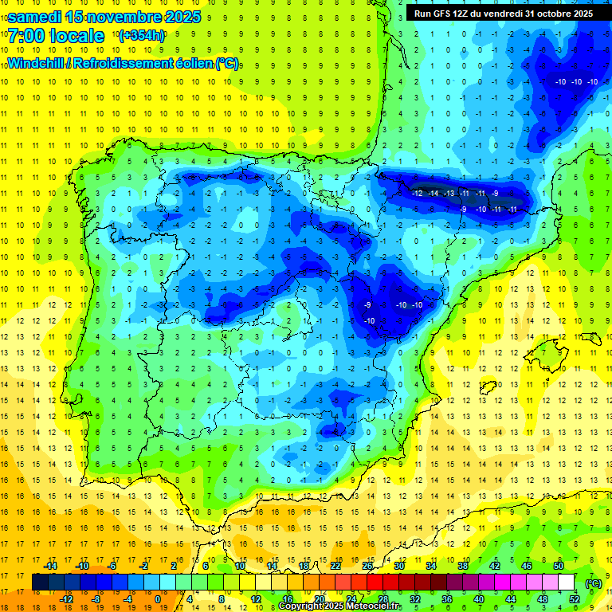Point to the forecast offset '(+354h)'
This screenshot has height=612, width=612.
click(142, 36)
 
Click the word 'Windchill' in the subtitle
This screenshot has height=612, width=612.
click(36, 64)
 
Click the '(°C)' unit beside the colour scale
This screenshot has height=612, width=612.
click(593, 583)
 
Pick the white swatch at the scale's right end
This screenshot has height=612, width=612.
click(567, 583)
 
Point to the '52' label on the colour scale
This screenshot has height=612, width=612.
click(575, 599)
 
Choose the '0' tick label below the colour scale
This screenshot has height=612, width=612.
click(157, 599)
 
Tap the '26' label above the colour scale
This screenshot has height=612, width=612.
click(367, 566)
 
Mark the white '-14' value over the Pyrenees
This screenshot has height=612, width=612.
click(433, 194)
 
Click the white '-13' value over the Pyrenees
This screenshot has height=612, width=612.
click(449, 194)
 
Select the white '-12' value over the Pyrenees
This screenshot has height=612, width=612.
click(418, 194)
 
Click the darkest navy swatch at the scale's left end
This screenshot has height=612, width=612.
click(40, 583)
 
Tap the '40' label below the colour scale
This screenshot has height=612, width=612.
click(479, 599)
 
